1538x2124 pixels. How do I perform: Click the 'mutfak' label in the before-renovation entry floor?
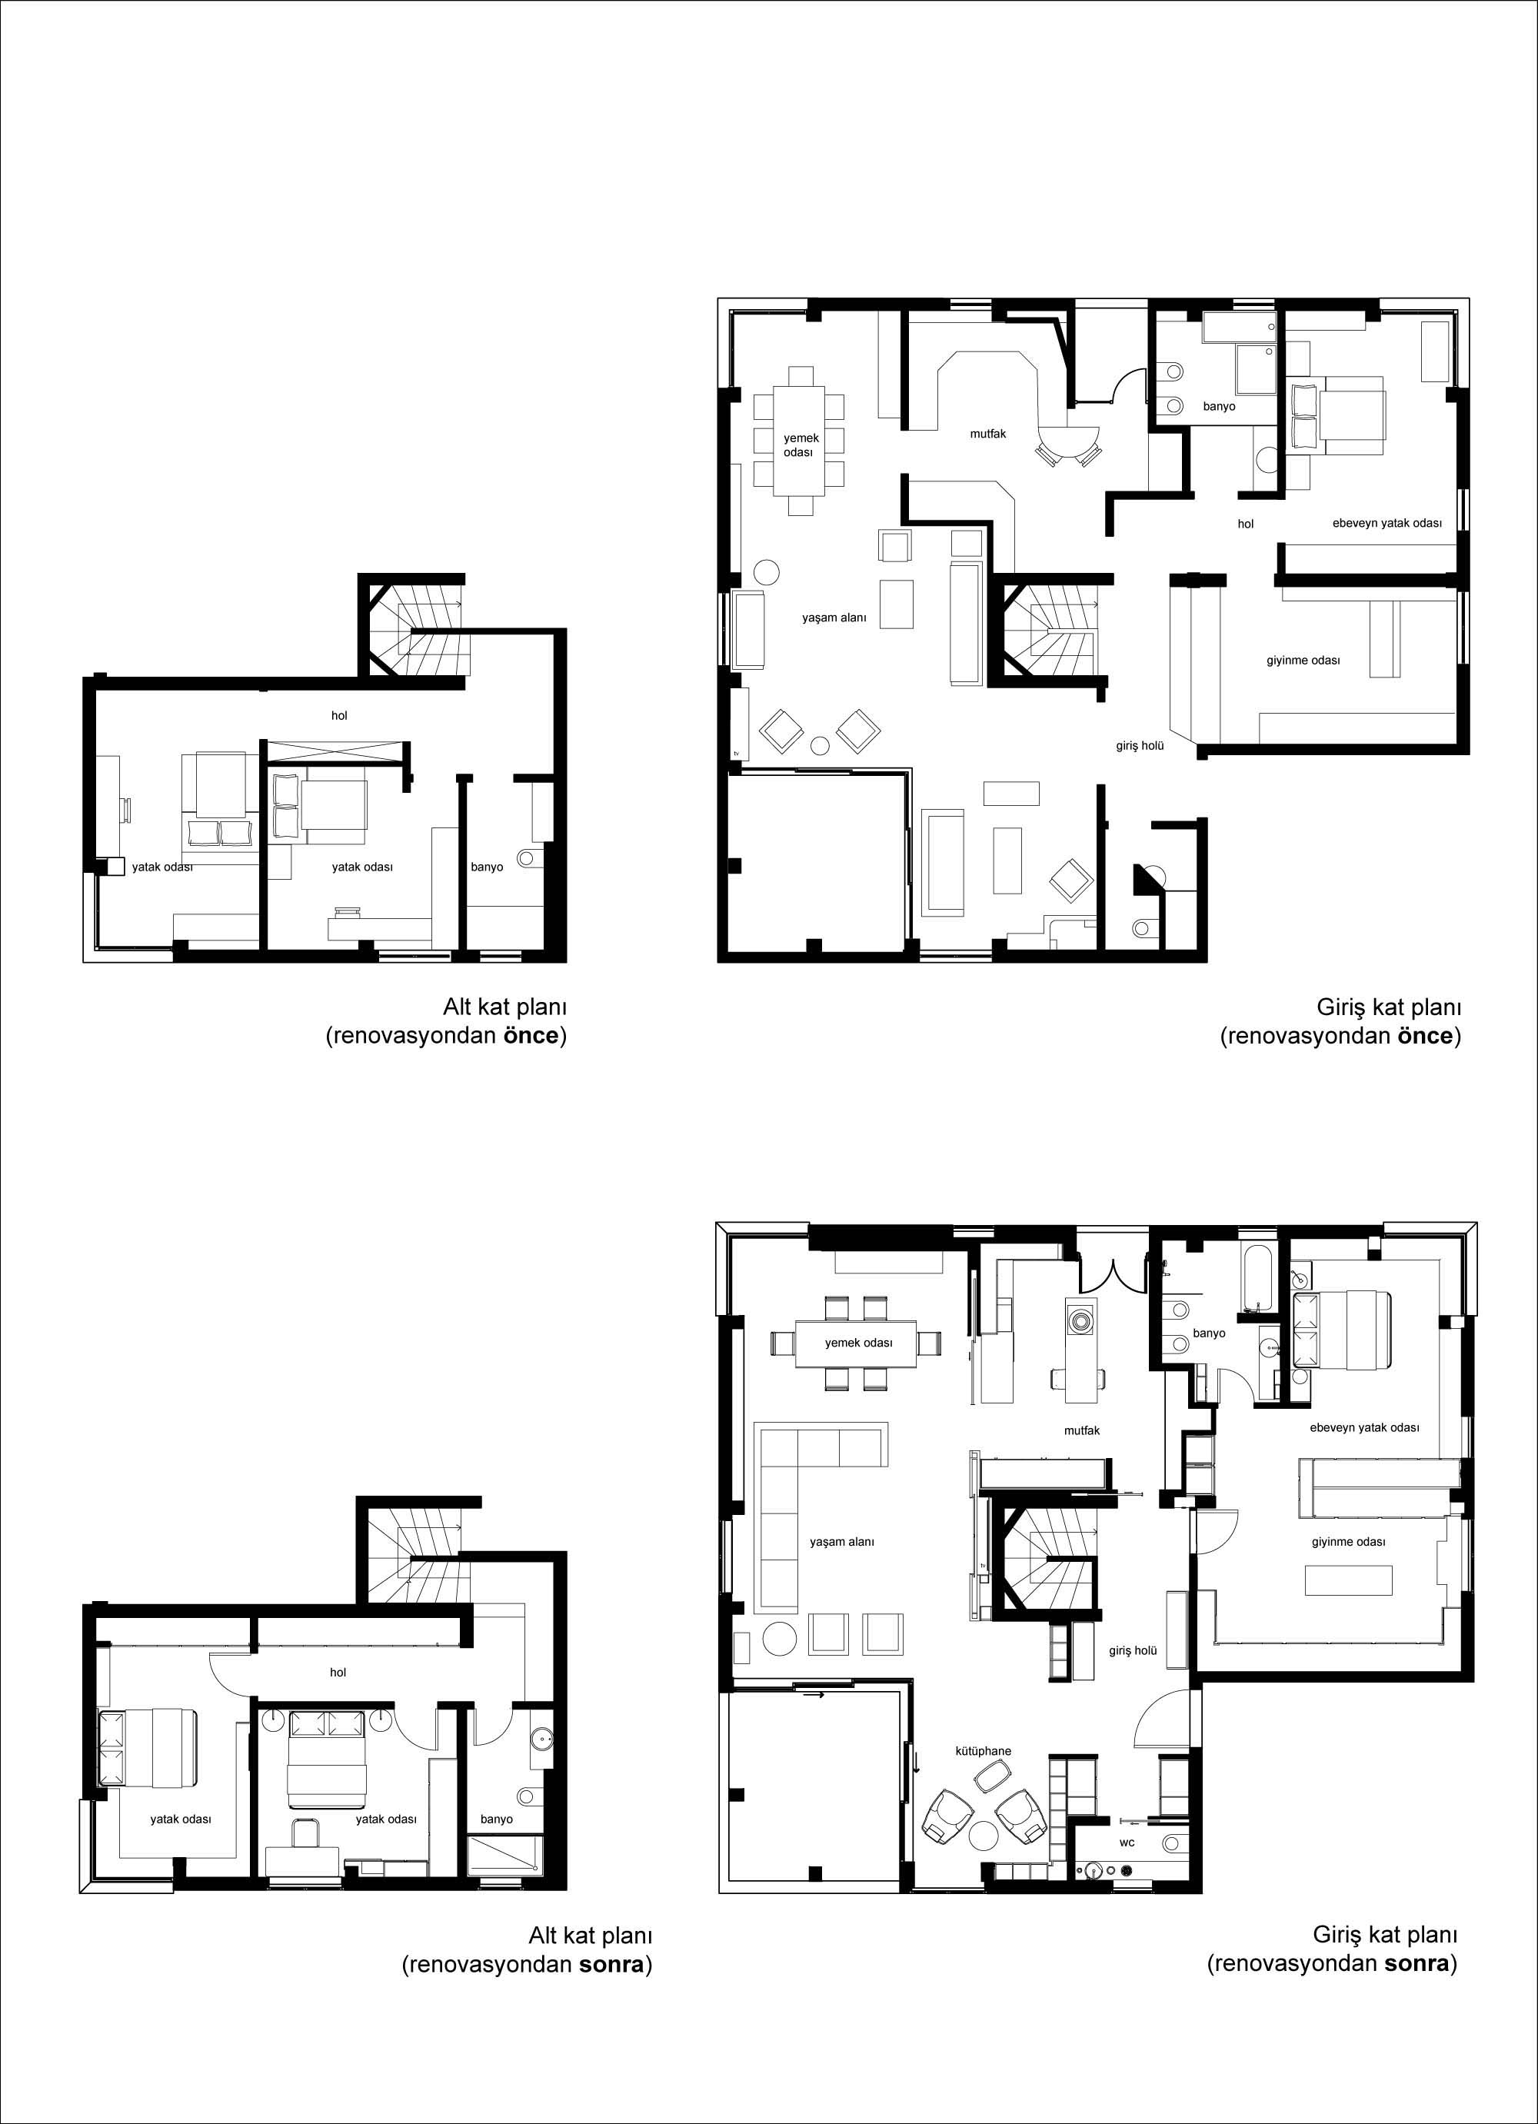point(988,434)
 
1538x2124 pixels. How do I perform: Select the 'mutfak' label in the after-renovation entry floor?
point(1082,1430)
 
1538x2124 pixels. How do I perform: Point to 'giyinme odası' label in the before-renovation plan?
point(1303,661)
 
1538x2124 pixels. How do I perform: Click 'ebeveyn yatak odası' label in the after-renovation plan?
point(1363,1427)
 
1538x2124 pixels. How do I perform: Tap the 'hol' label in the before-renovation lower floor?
point(339,715)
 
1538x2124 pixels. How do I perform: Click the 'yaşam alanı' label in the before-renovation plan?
point(834,618)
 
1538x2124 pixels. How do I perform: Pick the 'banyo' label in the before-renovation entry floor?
point(1220,407)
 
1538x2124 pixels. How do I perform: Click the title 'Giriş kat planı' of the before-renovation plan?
point(1389,1007)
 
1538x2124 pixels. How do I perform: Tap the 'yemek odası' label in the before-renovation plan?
point(801,444)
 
